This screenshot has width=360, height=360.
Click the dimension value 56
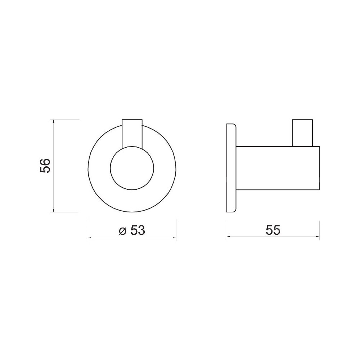point(45,166)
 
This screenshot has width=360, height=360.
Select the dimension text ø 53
point(132,230)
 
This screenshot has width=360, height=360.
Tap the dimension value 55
point(273,230)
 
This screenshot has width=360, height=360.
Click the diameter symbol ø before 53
point(123,231)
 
